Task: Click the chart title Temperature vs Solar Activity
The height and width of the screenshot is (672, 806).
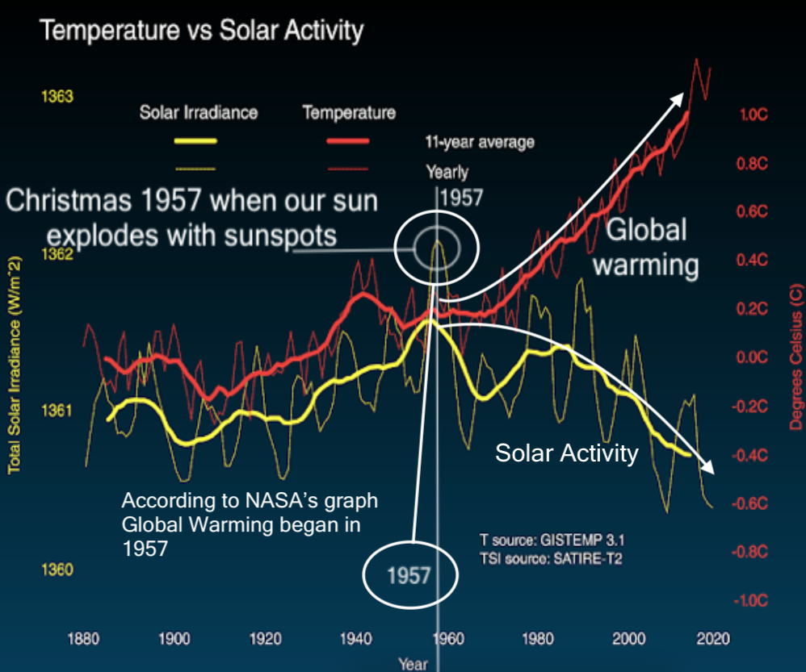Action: [x=202, y=31]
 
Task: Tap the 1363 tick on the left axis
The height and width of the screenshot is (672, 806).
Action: [x=57, y=97]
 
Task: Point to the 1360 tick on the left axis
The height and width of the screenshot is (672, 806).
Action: [x=57, y=570]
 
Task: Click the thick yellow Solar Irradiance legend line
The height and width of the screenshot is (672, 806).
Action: [x=195, y=141]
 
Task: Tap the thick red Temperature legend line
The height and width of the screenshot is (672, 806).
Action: [x=347, y=141]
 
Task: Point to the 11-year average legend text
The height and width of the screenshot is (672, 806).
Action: [x=480, y=143]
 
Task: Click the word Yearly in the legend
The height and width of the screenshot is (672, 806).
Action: [x=447, y=172]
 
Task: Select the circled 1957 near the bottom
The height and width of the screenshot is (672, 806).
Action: [x=409, y=576]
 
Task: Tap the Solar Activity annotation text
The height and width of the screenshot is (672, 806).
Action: [x=566, y=453]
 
